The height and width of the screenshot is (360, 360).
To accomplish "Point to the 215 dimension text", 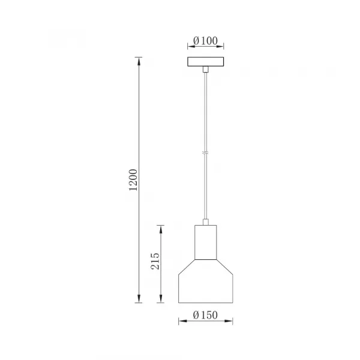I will tap(154, 262).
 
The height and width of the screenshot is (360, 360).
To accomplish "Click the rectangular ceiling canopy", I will tap(205, 62).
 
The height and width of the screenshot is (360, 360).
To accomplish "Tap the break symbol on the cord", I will tap(205, 154).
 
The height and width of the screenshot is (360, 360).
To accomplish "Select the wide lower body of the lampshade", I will tap(205, 282).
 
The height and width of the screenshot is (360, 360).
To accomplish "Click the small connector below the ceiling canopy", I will tap(205, 70).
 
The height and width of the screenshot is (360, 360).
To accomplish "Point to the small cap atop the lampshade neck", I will tap(205, 223).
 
